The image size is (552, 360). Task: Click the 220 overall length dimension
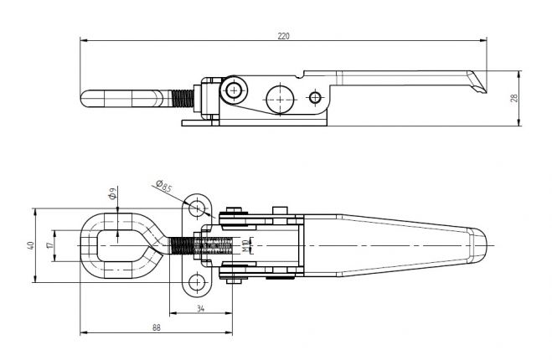point(284,35)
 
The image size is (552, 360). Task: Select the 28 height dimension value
point(514,98)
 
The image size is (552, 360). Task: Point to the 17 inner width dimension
point(53,245)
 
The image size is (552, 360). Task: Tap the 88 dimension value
point(156,327)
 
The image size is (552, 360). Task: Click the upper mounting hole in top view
point(198,206)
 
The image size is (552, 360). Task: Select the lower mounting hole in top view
point(198,283)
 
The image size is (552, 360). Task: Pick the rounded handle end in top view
point(478,245)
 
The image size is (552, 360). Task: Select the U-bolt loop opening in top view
point(118,245)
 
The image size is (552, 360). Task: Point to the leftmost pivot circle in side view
point(232,90)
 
